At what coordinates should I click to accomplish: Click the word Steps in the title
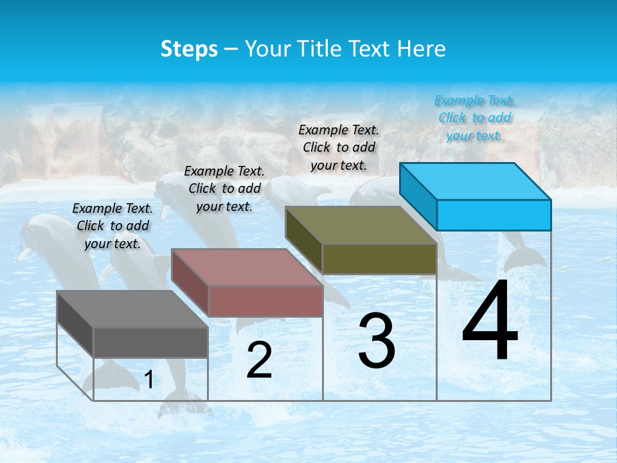click(x=189, y=49)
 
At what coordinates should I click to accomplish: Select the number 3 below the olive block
click(x=377, y=341)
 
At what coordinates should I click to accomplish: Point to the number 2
click(x=259, y=360)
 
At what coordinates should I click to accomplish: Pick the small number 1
click(x=149, y=380)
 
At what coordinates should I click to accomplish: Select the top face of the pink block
click(x=247, y=267)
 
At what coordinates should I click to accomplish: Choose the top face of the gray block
click(x=132, y=309)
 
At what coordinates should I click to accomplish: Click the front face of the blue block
click(x=494, y=215)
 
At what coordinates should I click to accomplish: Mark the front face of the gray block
click(x=150, y=342)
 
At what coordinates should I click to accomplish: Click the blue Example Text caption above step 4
click(x=474, y=118)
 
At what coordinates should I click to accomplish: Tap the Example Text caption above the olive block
click(x=339, y=147)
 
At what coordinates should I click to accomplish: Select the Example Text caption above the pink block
click(x=224, y=188)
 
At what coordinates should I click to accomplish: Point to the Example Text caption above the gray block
click(x=112, y=226)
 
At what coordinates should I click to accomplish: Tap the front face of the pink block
click(x=265, y=301)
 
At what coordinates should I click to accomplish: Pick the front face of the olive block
click(x=379, y=259)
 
